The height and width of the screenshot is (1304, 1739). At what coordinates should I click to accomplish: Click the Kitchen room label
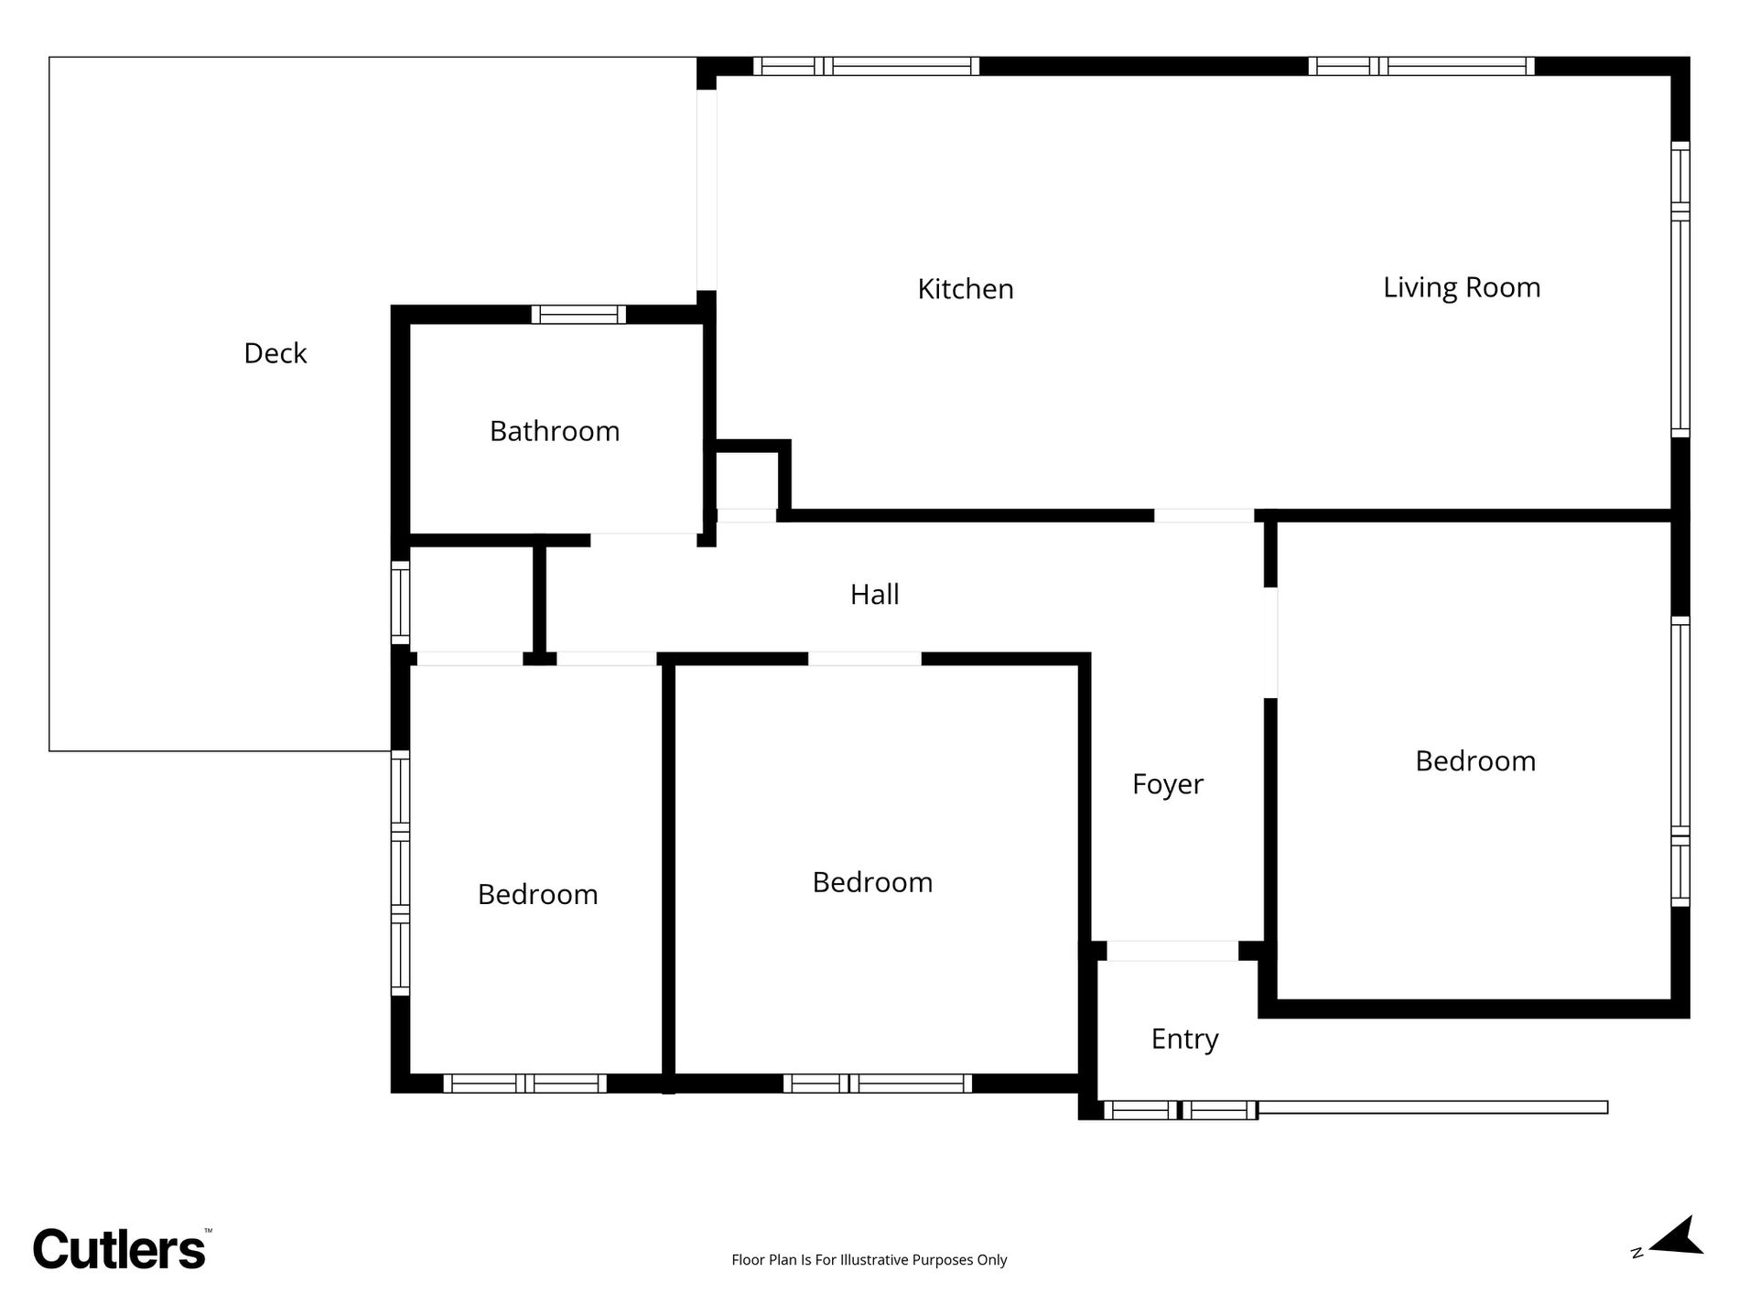pyautogui.click(x=966, y=289)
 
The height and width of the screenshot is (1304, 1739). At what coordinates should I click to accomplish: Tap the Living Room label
pyautogui.click(x=1462, y=288)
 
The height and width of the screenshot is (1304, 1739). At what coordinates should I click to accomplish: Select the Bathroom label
pyautogui.click(x=555, y=431)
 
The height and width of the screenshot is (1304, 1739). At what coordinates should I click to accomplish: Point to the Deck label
pyautogui.click(x=275, y=353)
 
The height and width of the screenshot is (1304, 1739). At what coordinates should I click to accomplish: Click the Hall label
pyautogui.click(x=875, y=595)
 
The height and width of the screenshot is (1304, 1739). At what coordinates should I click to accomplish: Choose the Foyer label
pyautogui.click(x=1168, y=785)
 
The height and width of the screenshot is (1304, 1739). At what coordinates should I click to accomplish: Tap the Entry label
pyautogui.click(x=1185, y=1040)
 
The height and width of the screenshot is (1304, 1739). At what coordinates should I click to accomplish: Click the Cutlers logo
pyautogui.click(x=120, y=1248)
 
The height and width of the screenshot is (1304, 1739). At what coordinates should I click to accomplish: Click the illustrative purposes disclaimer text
pyautogui.click(x=869, y=1260)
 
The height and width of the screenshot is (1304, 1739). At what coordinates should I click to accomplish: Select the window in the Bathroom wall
pyautogui.click(x=578, y=315)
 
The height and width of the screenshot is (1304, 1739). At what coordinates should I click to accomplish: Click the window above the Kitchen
pyautogui.click(x=866, y=66)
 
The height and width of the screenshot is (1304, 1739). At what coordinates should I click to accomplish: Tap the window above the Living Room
pyautogui.click(x=1421, y=66)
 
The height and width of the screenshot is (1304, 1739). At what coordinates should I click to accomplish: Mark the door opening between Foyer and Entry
pyautogui.click(x=1172, y=951)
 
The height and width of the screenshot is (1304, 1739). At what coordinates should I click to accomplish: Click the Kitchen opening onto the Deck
pyautogui.click(x=707, y=190)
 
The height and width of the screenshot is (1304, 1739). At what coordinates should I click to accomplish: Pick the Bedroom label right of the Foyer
pyautogui.click(x=1475, y=761)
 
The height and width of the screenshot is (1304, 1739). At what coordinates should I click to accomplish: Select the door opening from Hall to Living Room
pyautogui.click(x=1204, y=515)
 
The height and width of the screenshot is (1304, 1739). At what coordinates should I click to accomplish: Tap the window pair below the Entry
pyautogui.click(x=1181, y=1110)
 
